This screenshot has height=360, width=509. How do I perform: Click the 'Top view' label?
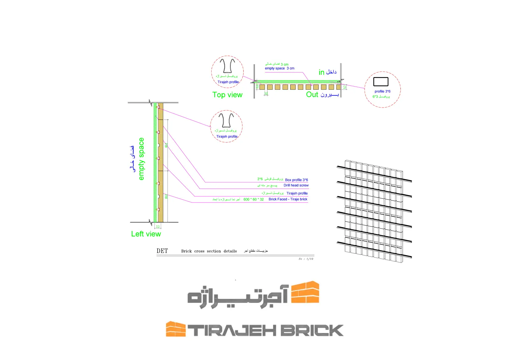227,95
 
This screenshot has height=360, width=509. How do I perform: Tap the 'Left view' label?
146,234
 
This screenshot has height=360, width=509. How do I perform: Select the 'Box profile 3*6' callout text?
296,180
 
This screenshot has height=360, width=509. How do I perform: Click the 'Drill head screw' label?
296,185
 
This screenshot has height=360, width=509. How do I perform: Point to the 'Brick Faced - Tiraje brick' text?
288,199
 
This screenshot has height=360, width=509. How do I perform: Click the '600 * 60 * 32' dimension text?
254,199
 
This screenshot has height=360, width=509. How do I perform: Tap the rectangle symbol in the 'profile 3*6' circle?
381,81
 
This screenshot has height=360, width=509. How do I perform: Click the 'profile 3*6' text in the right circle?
383,91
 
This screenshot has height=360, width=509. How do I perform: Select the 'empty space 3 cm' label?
279,68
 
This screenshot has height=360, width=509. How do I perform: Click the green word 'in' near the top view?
321,72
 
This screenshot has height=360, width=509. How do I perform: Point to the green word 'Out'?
312,95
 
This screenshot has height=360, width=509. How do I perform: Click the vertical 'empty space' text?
141,159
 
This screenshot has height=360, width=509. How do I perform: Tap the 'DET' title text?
162,251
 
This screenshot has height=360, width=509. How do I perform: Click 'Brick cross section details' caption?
209,251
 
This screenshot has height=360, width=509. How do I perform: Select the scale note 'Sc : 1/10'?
306,259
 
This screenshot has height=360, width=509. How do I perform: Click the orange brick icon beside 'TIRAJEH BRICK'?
176,329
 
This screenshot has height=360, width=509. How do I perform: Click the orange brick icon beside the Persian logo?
305,292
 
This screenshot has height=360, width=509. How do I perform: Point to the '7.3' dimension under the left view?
158,227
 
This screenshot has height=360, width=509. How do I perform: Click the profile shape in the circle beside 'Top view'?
227,66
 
